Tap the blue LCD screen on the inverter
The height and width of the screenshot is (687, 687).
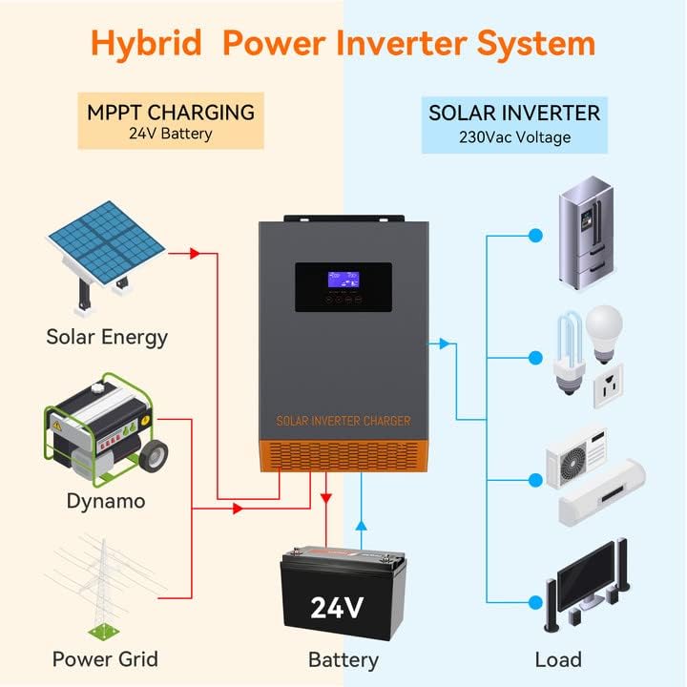(343, 278)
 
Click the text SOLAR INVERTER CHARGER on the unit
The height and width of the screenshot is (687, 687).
(343, 421)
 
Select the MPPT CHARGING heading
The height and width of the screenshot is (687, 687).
(170, 113)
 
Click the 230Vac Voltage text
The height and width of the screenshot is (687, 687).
(514, 137)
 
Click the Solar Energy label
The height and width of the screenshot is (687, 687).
(107, 337)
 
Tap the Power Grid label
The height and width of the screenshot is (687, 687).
(105, 659)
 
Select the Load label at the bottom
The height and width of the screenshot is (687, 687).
(557, 659)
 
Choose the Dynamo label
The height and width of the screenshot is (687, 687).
(106, 500)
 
